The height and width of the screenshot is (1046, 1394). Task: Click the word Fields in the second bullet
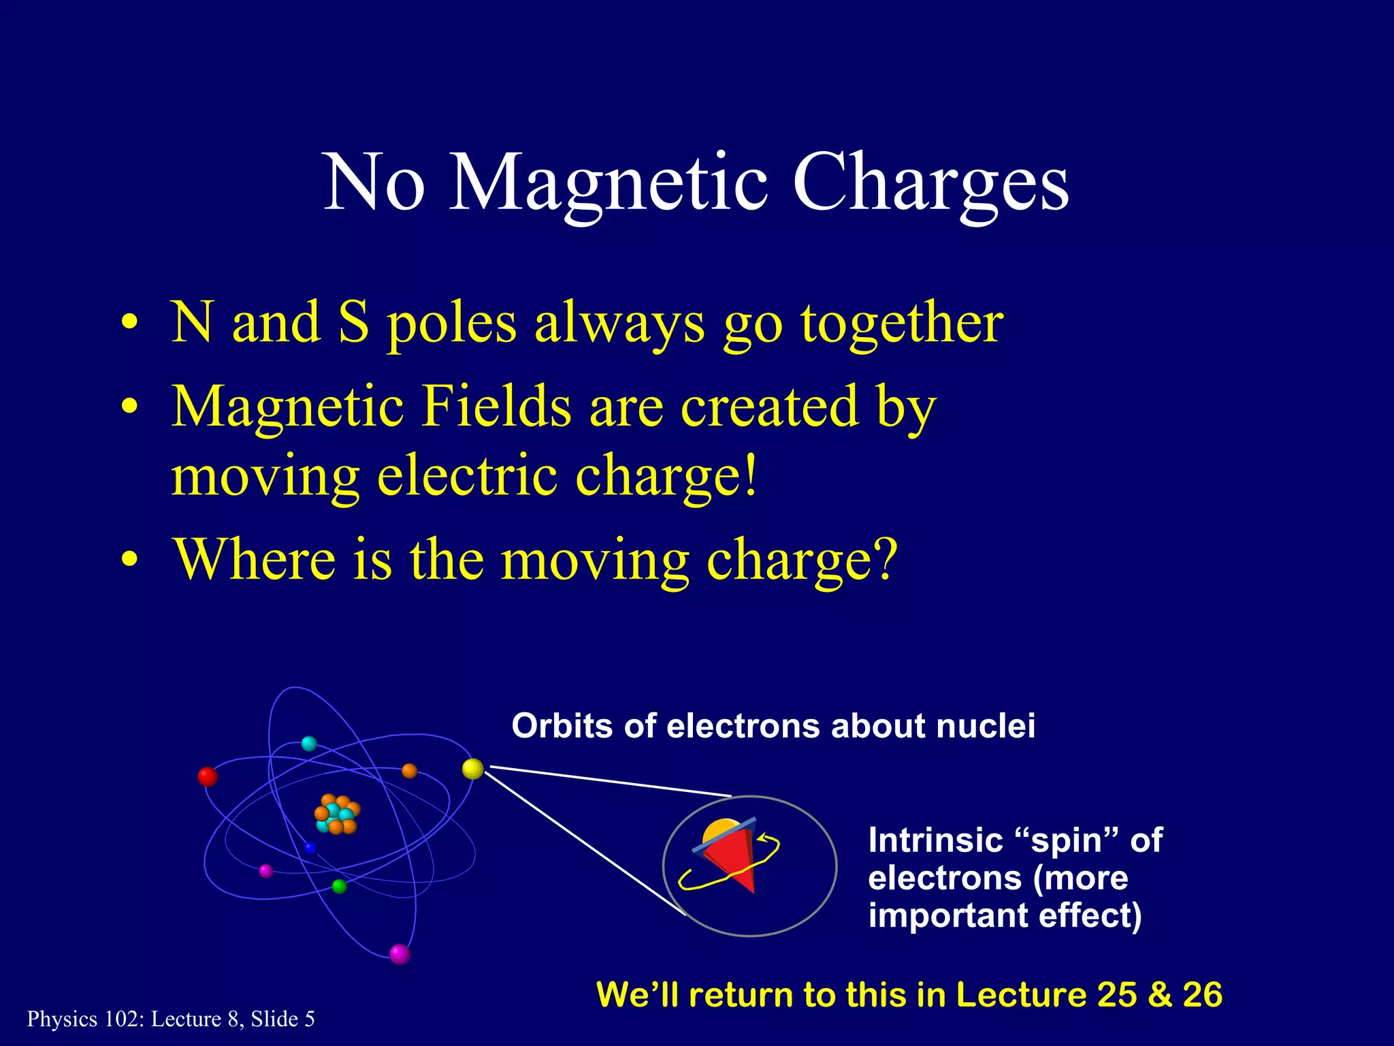496,407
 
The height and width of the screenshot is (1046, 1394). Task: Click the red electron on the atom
208,776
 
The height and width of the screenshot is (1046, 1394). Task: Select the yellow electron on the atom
472,769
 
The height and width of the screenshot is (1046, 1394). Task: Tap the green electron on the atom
339,886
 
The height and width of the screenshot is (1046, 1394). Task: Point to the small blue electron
310,848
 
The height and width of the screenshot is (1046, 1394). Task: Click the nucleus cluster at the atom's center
336,814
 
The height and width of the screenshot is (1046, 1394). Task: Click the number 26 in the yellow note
1203,995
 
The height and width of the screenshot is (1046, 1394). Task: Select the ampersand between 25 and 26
1160,995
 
